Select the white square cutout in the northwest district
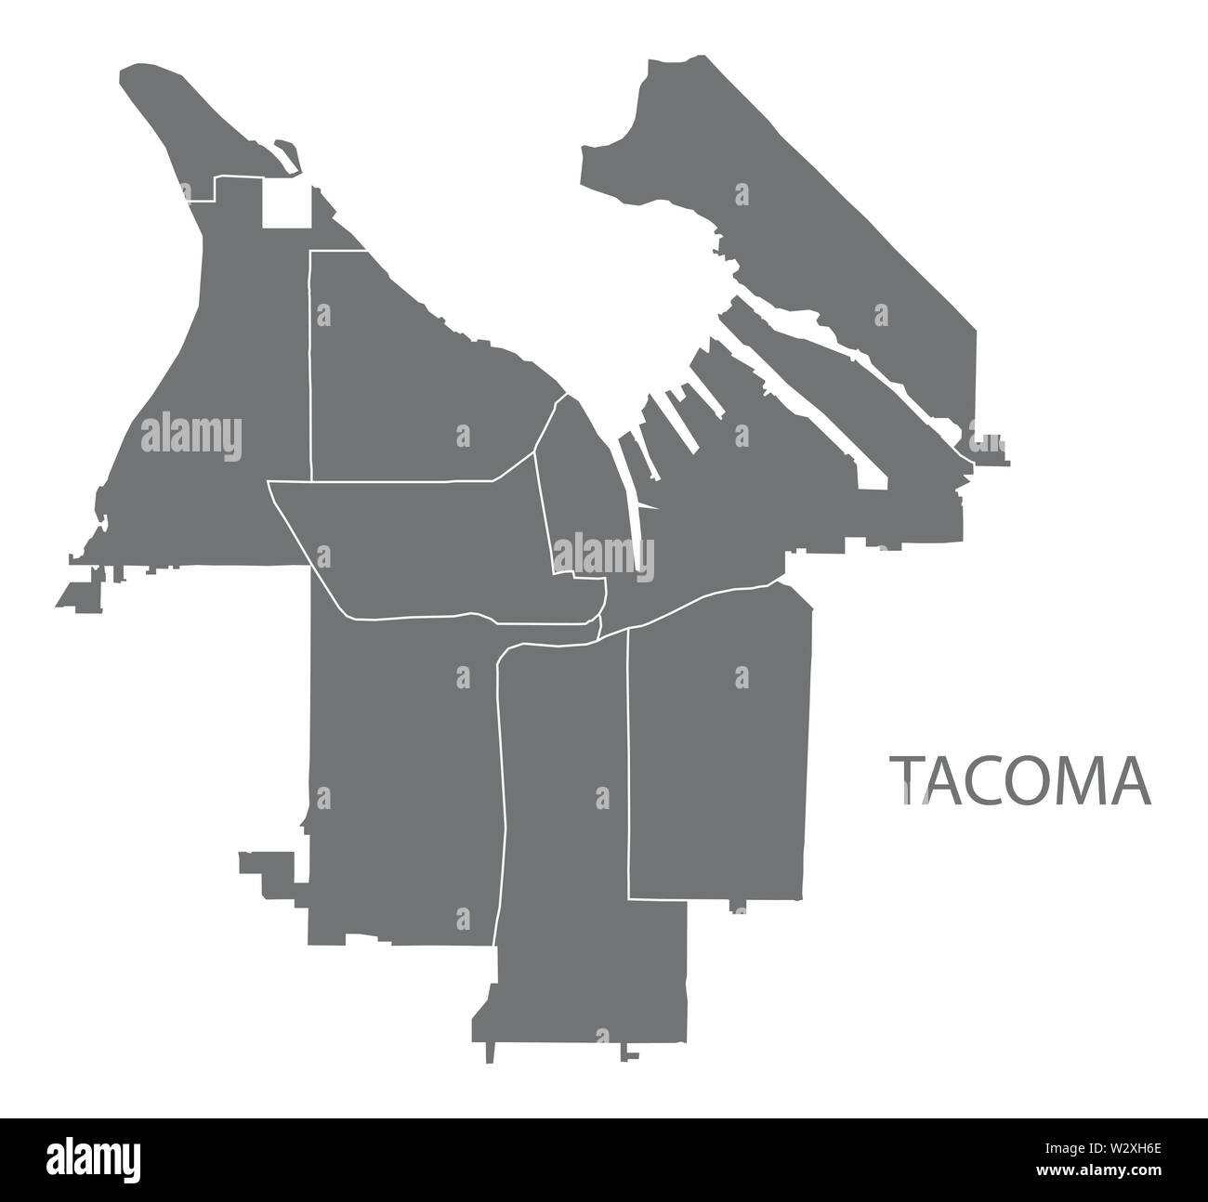click(286, 204)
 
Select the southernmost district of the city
click(585, 836)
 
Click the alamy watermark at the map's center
click(603, 557)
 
